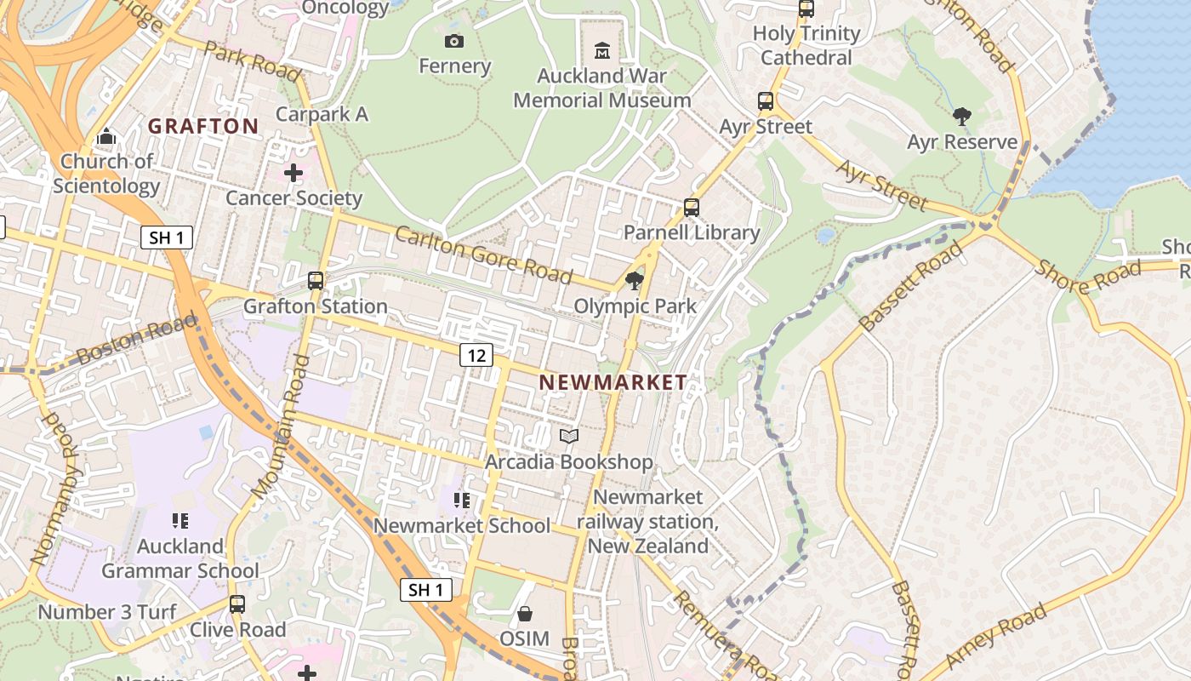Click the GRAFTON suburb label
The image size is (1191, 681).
pyautogui.click(x=203, y=126)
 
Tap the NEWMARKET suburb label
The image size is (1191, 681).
pyautogui.click(x=613, y=382)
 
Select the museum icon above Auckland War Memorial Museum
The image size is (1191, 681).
pyautogui.click(x=602, y=51)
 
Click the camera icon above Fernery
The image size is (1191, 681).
pyautogui.click(x=454, y=41)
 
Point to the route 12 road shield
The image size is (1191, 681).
pyautogui.click(x=476, y=355)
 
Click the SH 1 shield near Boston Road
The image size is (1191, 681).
pyautogui.click(x=166, y=237)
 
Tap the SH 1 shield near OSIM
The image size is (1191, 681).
pyautogui.click(x=425, y=590)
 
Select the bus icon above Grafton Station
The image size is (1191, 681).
pyautogui.click(x=316, y=280)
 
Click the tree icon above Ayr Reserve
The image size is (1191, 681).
pyautogui.click(x=962, y=117)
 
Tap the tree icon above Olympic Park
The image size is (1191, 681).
pyautogui.click(x=634, y=281)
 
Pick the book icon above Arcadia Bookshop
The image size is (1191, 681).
pyautogui.click(x=569, y=437)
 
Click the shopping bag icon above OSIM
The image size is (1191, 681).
pyautogui.click(x=525, y=613)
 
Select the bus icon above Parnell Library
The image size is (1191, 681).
pyautogui.click(x=692, y=207)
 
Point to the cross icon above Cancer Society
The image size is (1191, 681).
pyautogui.click(x=293, y=174)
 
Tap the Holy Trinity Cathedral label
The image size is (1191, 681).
pyautogui.click(x=806, y=46)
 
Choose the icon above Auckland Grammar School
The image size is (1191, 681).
pyautogui.click(x=180, y=520)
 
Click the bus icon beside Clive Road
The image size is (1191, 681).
pyautogui.click(x=237, y=604)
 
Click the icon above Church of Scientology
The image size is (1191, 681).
pyautogui.click(x=106, y=136)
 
